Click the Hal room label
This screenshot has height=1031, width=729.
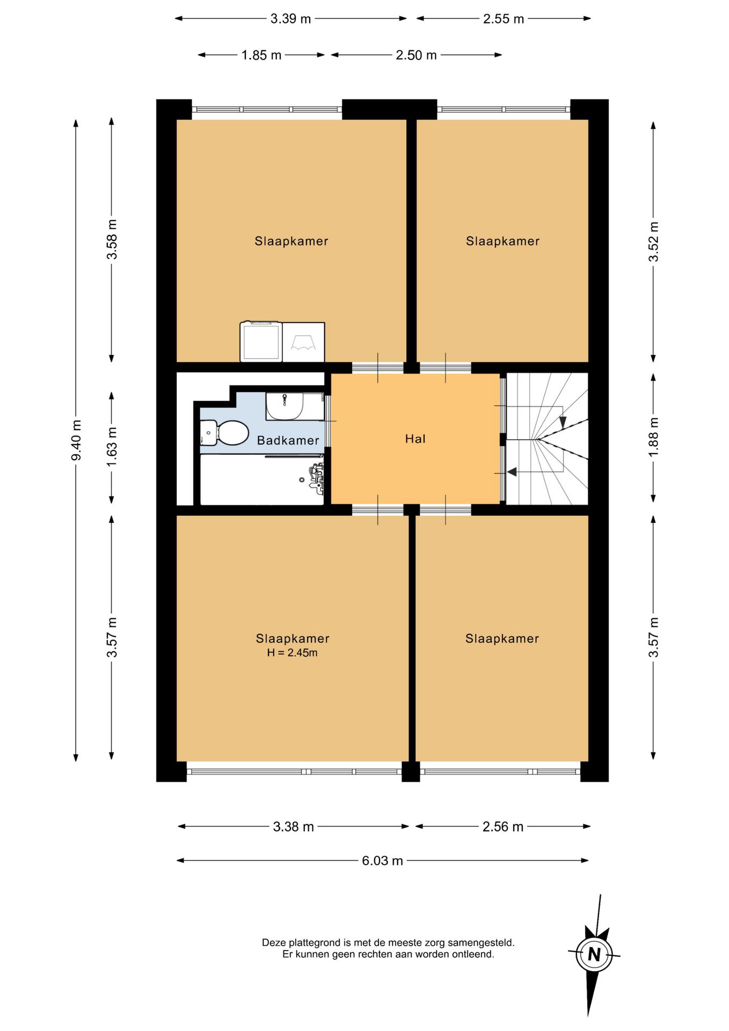415,439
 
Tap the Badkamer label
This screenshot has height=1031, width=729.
288,441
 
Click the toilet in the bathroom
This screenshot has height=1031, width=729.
224,433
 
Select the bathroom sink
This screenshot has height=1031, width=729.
285,406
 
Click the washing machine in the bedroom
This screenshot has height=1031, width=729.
261,342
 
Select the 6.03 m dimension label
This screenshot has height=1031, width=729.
382,861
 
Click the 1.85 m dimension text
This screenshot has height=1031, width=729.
261,55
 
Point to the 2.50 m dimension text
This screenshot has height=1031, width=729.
416,55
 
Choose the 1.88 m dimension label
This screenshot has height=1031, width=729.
653,438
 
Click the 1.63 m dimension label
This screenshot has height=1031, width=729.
112,447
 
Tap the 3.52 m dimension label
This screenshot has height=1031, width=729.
653,242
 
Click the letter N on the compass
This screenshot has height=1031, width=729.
594,954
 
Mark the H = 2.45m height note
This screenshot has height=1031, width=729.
292,653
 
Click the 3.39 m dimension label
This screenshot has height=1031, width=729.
290,19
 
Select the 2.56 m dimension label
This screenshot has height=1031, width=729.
502,826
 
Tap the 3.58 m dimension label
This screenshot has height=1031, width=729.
112,239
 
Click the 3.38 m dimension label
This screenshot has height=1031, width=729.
293,826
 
